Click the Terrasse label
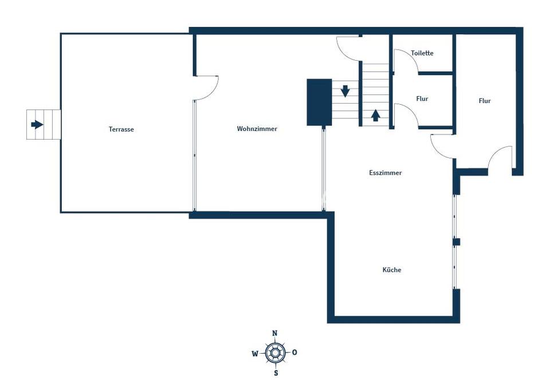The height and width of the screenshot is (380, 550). click(121, 129)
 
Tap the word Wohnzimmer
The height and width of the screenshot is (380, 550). click(257, 129)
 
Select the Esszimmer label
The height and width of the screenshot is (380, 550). click(385, 173)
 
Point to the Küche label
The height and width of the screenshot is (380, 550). click(391, 270)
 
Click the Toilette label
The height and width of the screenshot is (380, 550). click(422, 53)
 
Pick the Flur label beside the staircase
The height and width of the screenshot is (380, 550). click(422, 99)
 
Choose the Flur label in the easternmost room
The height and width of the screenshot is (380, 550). click(485, 101)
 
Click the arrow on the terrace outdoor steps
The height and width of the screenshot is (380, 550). click(37, 124)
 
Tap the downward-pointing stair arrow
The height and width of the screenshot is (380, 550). click(345, 91)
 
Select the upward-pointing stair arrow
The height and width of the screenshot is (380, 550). click(375, 115)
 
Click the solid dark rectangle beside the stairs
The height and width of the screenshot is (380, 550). click(319, 102)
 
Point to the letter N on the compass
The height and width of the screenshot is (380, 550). click(275, 333)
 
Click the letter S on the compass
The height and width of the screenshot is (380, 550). click(276, 373)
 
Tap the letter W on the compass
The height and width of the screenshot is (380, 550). click(255, 354)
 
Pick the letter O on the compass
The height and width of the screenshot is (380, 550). click(294, 353)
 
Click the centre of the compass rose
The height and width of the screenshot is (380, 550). click(276, 353)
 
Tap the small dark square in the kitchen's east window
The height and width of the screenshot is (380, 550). click(456, 242)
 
